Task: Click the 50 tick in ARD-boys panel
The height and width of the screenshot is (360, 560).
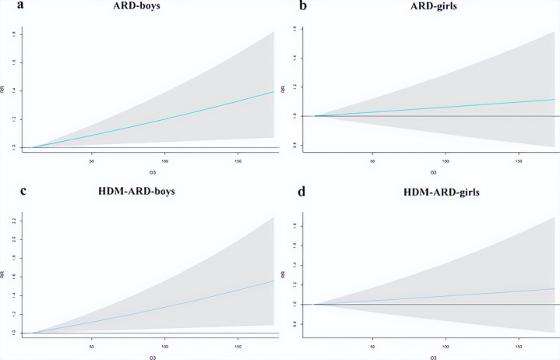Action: tap(92, 161)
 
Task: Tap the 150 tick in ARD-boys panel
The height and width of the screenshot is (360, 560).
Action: tap(236, 161)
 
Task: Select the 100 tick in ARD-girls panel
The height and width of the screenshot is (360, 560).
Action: tap(446, 161)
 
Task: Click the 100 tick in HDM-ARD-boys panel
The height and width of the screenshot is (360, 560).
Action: tap(164, 347)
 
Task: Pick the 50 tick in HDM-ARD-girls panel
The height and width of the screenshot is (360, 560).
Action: tap(373, 347)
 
